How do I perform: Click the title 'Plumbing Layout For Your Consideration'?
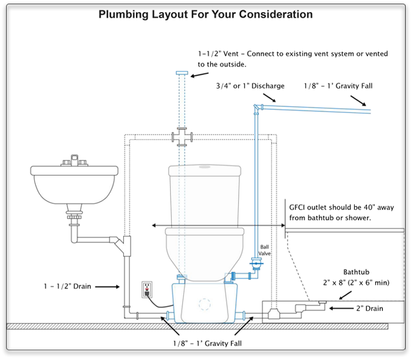click(x=206, y=14)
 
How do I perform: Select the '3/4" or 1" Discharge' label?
click(x=250, y=86)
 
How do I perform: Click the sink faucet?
click(x=75, y=162)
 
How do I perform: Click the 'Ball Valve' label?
click(x=265, y=251)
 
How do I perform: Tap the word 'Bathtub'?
click(x=356, y=273)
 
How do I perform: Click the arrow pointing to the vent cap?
click(x=199, y=76)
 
